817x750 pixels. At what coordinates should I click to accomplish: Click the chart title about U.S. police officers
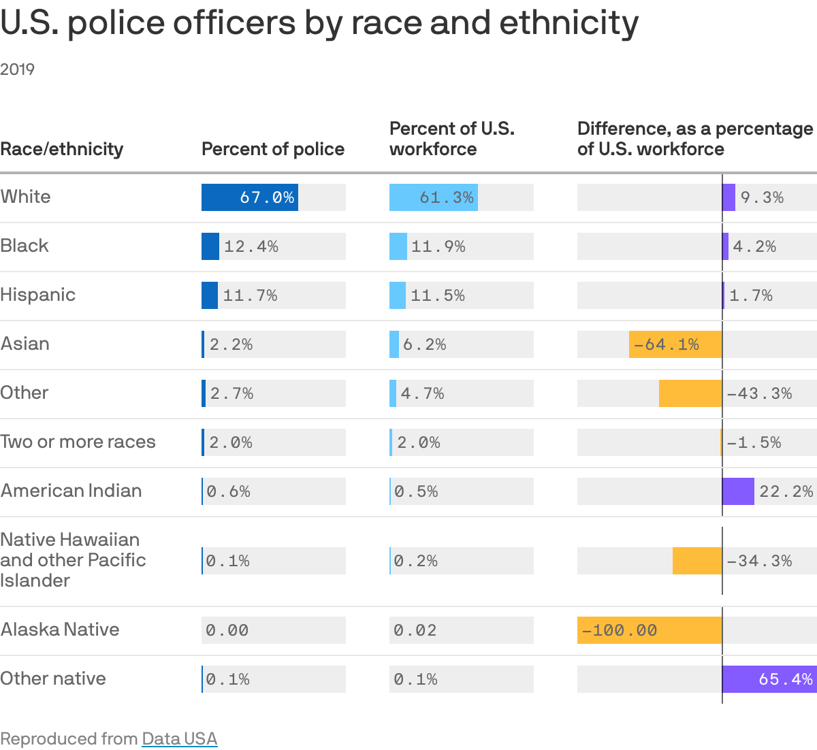319,23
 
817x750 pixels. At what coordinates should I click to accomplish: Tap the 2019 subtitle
18,69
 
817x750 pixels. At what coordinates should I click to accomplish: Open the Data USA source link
179,738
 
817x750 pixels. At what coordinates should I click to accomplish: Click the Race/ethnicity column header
62,149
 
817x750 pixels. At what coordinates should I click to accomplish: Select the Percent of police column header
273,149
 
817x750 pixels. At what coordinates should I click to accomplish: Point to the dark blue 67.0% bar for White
249,197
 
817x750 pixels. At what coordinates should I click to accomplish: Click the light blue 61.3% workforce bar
433,197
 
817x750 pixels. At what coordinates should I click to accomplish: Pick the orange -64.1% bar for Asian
675,344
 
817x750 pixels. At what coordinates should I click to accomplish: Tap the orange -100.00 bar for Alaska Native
649,630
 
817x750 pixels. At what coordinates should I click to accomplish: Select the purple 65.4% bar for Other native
769,679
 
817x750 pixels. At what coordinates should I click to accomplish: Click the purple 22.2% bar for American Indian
738,491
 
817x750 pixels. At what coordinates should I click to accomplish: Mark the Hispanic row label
38,295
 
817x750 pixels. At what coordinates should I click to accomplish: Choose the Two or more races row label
78,442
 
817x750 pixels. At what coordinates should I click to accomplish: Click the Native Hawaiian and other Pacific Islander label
73,560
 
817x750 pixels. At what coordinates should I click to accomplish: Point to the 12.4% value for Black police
251,246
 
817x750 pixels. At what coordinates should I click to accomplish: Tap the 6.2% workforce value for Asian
424,344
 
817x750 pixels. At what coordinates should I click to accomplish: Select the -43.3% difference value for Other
759,393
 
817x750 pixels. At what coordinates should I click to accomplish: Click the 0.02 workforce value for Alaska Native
415,630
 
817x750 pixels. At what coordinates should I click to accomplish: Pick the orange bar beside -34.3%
697,561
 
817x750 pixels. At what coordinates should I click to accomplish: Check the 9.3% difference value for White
762,197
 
